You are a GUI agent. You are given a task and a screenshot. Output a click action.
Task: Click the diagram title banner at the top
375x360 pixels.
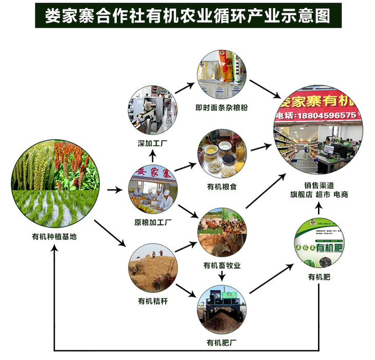tap(188, 16)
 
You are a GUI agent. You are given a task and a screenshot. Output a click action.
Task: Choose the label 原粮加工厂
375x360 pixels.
tap(152, 222)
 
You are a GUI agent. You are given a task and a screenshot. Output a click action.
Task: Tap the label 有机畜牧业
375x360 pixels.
tap(222, 266)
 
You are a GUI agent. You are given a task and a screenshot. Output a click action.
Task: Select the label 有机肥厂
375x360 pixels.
tap(221, 343)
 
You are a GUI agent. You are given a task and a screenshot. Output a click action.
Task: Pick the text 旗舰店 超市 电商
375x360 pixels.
tap(319, 196)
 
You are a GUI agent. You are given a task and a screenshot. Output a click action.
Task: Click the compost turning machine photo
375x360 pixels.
tap(222, 310)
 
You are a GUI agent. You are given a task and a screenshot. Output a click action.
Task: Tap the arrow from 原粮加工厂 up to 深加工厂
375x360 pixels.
tap(152, 156)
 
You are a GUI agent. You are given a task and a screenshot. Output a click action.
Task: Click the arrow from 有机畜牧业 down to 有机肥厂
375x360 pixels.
tap(222, 276)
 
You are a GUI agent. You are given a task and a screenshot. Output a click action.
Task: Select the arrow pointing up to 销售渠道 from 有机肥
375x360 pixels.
tap(319, 209)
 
